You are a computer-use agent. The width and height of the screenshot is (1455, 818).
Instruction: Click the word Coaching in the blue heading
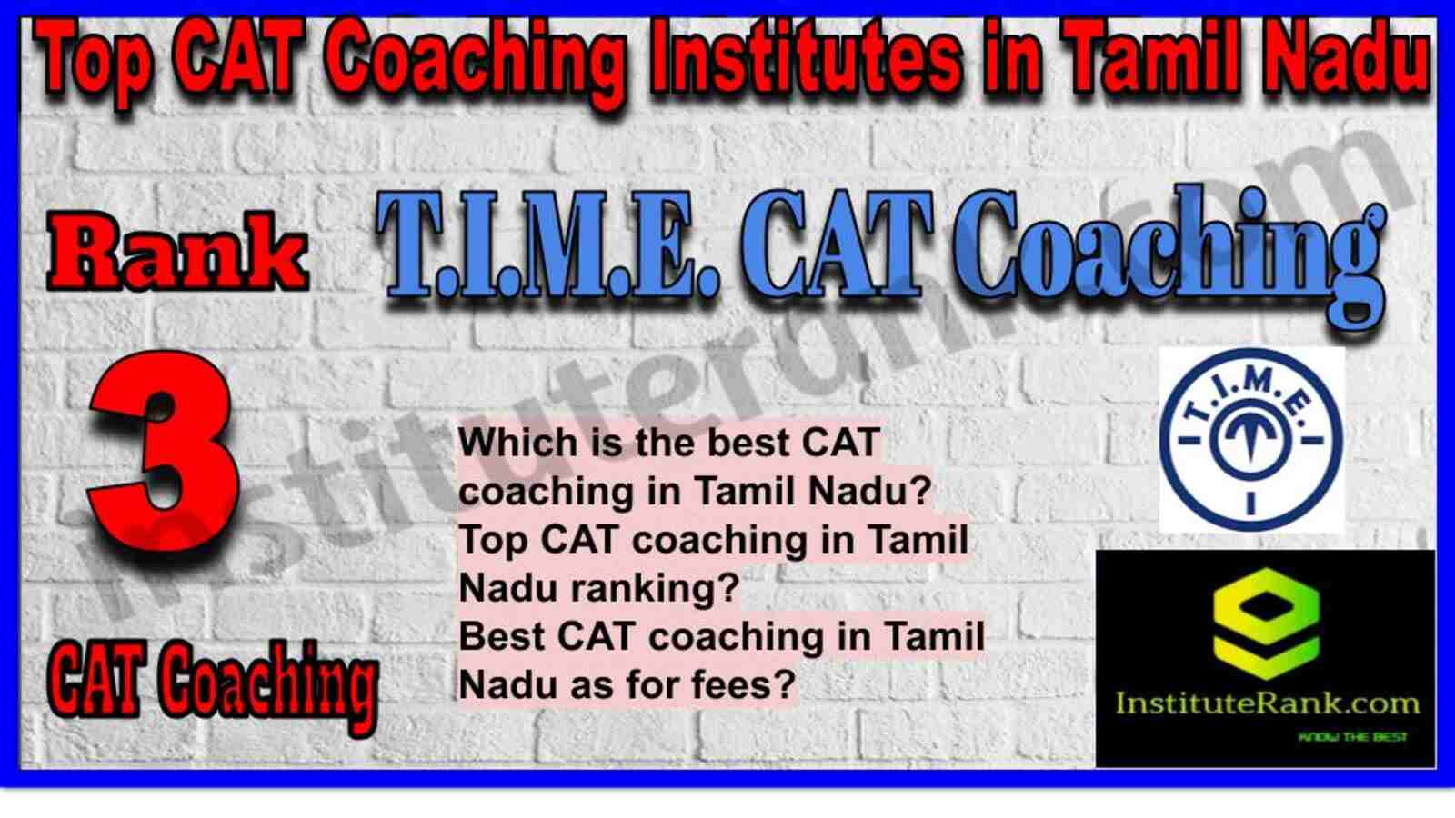1169,260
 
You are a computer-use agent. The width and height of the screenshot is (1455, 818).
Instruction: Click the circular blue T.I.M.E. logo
1251,440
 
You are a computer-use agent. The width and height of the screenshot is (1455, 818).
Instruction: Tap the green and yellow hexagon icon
1265,623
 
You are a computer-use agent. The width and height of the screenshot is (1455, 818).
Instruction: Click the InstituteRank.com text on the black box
1267,703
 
